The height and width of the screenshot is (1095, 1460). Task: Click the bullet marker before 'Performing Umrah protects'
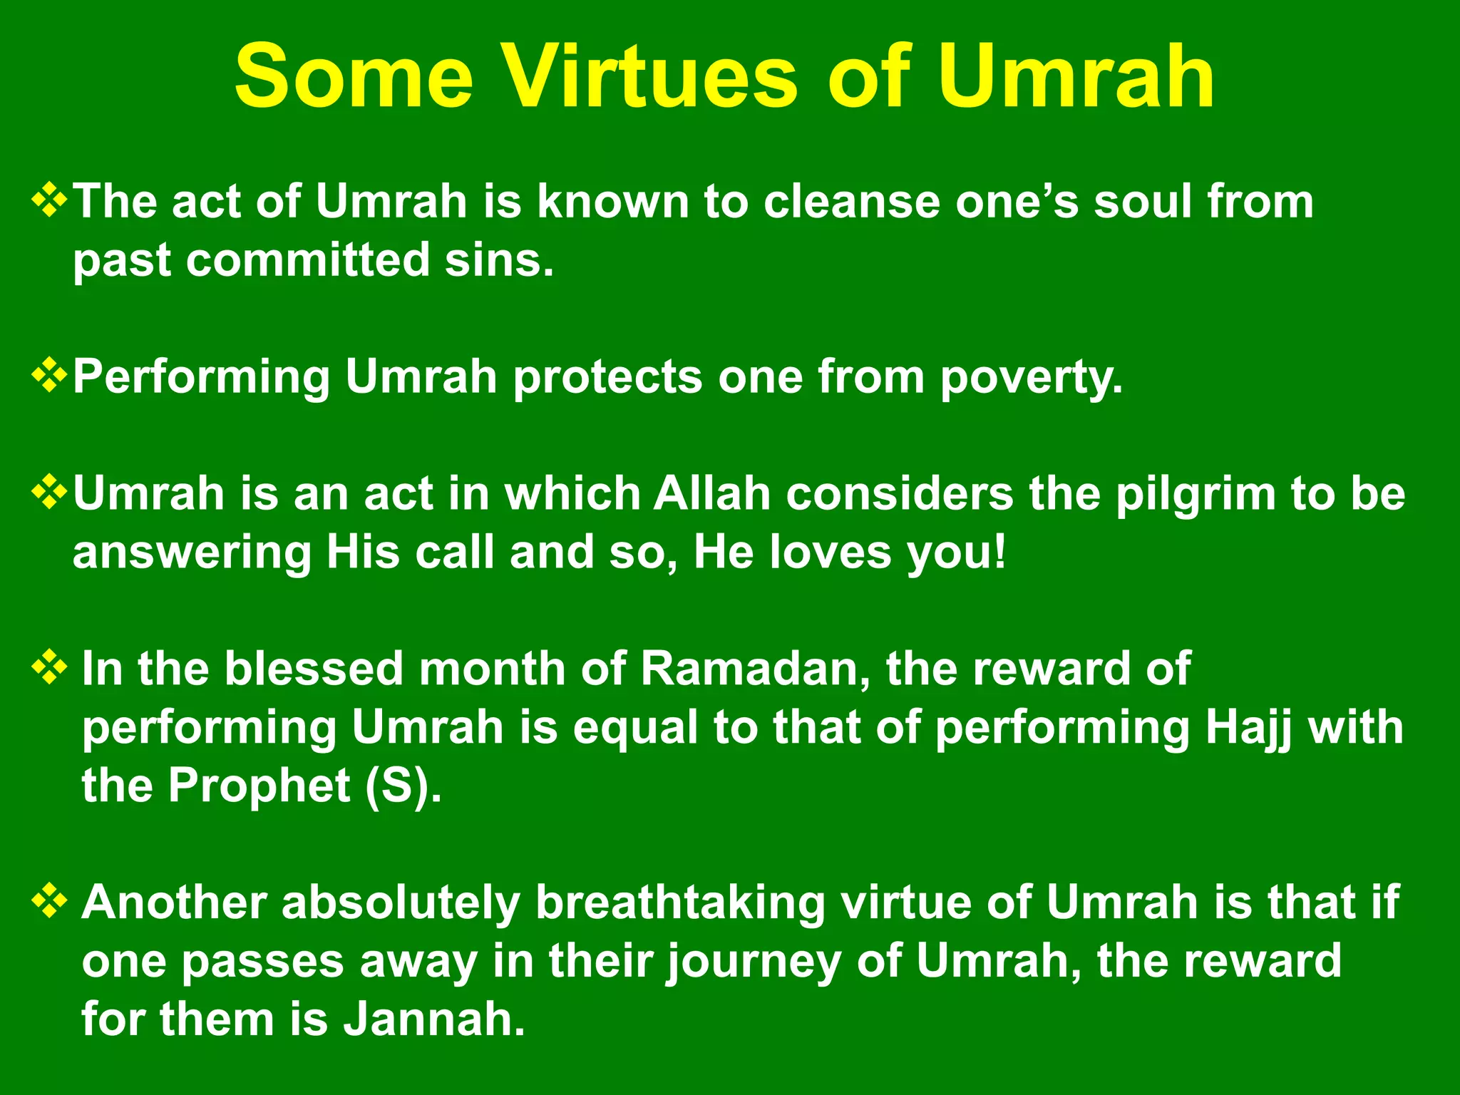pyautogui.click(x=50, y=376)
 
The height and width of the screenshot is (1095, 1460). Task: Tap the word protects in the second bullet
pyautogui.click(x=607, y=378)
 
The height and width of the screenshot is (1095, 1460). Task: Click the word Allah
pyautogui.click(x=712, y=493)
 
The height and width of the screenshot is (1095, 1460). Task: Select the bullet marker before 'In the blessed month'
pyautogui.click(x=50, y=669)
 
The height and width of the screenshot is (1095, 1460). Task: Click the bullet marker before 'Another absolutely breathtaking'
pyautogui.click(x=50, y=903)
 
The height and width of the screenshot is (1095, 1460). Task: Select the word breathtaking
pyautogui.click(x=679, y=904)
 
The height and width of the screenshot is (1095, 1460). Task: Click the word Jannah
pyautogui.click(x=433, y=1019)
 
